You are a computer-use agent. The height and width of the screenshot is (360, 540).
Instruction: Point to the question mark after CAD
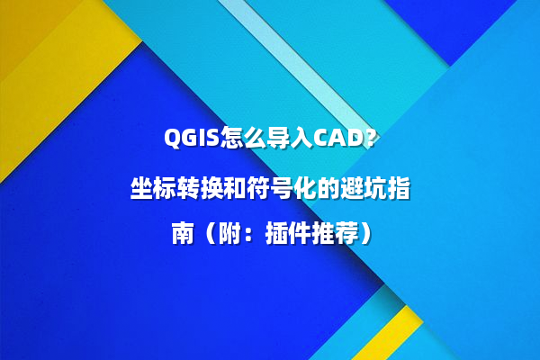click(x=372, y=139)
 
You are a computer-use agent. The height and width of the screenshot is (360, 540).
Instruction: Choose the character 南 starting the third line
click(x=182, y=235)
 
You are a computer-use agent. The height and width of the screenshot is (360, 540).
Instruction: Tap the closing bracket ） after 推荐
click(x=359, y=235)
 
